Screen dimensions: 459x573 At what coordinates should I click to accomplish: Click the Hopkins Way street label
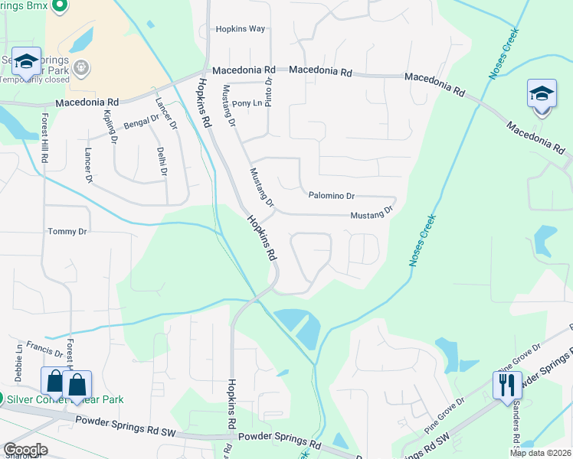240,29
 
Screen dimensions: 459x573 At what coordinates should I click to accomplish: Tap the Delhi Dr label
162,161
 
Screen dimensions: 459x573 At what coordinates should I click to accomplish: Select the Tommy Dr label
67,231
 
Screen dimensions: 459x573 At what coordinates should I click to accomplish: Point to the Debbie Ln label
18,358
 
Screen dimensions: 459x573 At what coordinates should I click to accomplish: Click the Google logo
25,450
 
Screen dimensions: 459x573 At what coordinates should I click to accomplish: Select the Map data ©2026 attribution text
540,453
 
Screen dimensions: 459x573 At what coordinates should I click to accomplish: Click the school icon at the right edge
542,94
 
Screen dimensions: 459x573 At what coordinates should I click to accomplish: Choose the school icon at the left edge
26,62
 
